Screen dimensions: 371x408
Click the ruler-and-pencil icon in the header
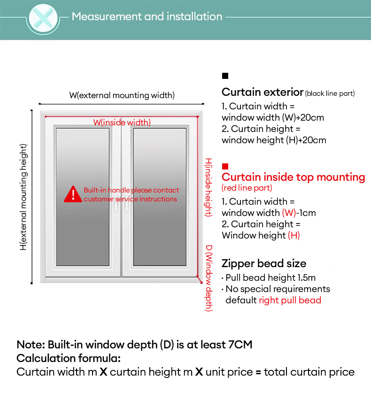[43, 18]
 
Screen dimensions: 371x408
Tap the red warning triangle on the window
[73, 194]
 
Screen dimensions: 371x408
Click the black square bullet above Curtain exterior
[225, 76]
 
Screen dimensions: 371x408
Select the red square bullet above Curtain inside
[225, 166]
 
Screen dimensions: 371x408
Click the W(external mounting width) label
[122, 95]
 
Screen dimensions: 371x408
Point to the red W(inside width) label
[122, 122]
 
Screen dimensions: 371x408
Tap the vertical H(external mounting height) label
[23, 197]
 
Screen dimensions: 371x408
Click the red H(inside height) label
[209, 187]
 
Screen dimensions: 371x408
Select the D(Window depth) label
[209, 278]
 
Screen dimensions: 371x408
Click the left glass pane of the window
[83, 197]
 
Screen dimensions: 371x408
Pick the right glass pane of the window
[160, 197]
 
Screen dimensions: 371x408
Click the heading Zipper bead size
[264, 263]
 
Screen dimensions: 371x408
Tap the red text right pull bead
[290, 300]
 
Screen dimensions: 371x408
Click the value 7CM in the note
[240, 345]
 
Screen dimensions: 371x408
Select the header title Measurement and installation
[147, 16]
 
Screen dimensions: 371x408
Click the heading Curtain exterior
[263, 92]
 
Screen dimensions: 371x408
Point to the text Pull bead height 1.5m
[271, 277]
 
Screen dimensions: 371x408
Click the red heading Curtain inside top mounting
[293, 177]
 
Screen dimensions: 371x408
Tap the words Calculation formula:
[69, 358]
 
